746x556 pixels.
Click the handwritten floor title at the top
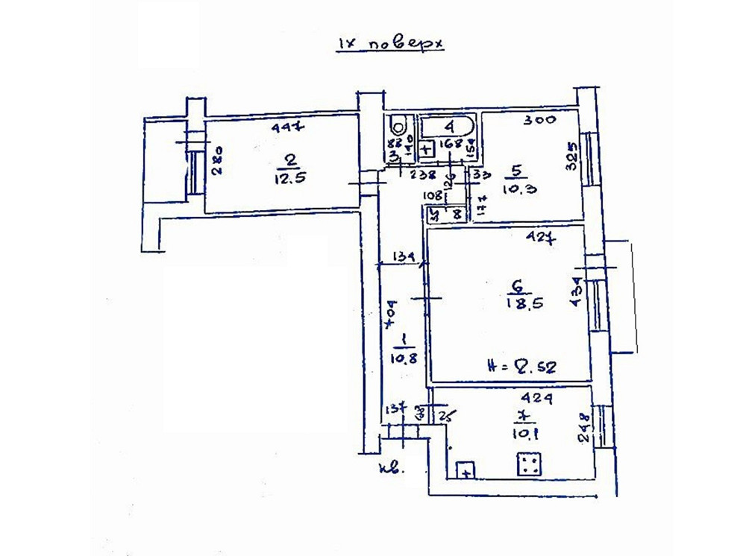tap(389, 44)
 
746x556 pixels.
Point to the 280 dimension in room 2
tap(218, 162)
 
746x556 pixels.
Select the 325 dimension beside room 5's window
tap(573, 156)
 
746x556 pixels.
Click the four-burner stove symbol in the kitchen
tap(529, 466)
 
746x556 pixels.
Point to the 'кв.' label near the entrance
tap(390, 470)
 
